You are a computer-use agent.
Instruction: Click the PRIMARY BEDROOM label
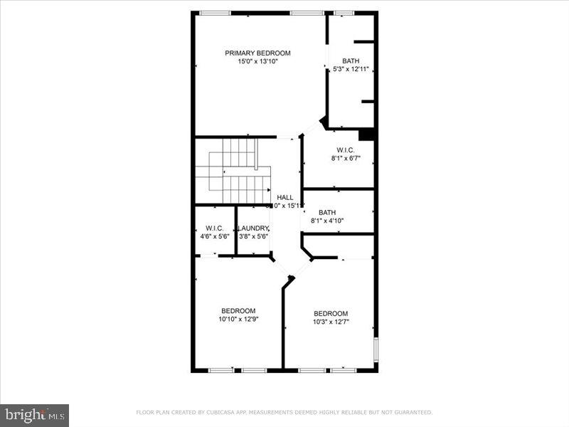pyautogui.click(x=257, y=53)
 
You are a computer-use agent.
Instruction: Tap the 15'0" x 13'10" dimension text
pyautogui.click(x=257, y=62)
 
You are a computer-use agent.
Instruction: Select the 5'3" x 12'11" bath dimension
pyautogui.click(x=351, y=69)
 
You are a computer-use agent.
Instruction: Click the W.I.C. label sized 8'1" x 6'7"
pyautogui.click(x=346, y=150)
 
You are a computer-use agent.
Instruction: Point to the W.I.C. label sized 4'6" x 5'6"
pyautogui.click(x=214, y=228)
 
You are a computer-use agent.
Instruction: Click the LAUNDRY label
pyautogui.click(x=253, y=228)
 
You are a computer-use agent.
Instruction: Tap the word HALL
pyautogui.click(x=284, y=198)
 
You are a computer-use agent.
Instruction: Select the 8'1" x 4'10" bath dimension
pyautogui.click(x=327, y=221)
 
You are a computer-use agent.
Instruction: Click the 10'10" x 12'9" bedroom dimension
pyautogui.click(x=238, y=319)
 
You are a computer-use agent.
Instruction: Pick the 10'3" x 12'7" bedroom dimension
pyautogui.click(x=331, y=322)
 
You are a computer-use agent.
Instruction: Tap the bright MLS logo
pyautogui.click(x=35, y=414)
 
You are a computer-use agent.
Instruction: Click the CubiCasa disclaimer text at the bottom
pyautogui.click(x=284, y=412)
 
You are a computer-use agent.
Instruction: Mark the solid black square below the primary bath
pyautogui.click(x=366, y=135)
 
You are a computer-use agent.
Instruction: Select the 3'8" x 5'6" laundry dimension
pyautogui.click(x=253, y=236)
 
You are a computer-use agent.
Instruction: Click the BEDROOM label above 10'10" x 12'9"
pyautogui.click(x=238, y=310)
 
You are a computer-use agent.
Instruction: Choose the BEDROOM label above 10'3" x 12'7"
pyautogui.click(x=331, y=313)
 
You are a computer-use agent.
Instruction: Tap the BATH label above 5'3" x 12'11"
pyautogui.click(x=351, y=60)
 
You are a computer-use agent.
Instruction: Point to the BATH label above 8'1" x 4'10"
pyautogui.click(x=327, y=212)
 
